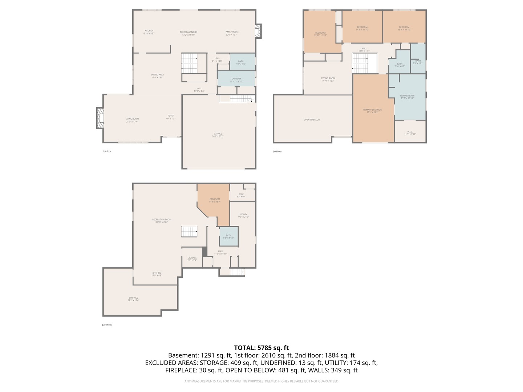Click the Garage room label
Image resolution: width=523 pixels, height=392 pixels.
pyautogui.click(x=218, y=135)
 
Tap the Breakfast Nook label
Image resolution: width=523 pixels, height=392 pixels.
pyautogui.click(x=188, y=33)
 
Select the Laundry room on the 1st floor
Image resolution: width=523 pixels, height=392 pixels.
pyautogui.click(x=236, y=79)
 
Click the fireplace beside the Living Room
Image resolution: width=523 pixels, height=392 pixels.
pyautogui.click(x=100, y=118)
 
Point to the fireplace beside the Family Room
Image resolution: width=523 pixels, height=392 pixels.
pyautogui.click(x=258, y=31)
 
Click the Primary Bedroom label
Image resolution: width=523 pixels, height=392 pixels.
pyautogui.click(x=372, y=111)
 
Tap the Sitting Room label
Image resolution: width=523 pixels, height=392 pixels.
pyautogui.click(x=328, y=79)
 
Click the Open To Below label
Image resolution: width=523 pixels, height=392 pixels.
pyautogui.click(x=312, y=120)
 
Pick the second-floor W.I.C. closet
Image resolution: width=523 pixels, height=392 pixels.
pyautogui.click(x=410, y=133)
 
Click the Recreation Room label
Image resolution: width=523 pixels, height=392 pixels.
pyautogui.click(x=162, y=221)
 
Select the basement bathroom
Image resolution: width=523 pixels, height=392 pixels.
pyautogui.click(x=228, y=236)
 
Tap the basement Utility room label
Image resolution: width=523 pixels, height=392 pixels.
pyautogui.click(x=243, y=216)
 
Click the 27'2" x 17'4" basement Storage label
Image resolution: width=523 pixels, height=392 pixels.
pyautogui.click(x=133, y=299)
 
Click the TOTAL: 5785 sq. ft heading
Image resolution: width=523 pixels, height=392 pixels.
pyautogui.click(x=261, y=348)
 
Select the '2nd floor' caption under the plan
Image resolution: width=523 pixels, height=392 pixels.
pyautogui.click(x=277, y=151)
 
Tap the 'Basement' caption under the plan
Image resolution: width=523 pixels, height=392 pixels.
pyautogui.click(x=107, y=325)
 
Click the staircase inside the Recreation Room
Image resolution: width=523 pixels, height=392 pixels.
pyautogui.click(x=189, y=232)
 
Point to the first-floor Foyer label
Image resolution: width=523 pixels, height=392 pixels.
pyautogui.click(x=171, y=117)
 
